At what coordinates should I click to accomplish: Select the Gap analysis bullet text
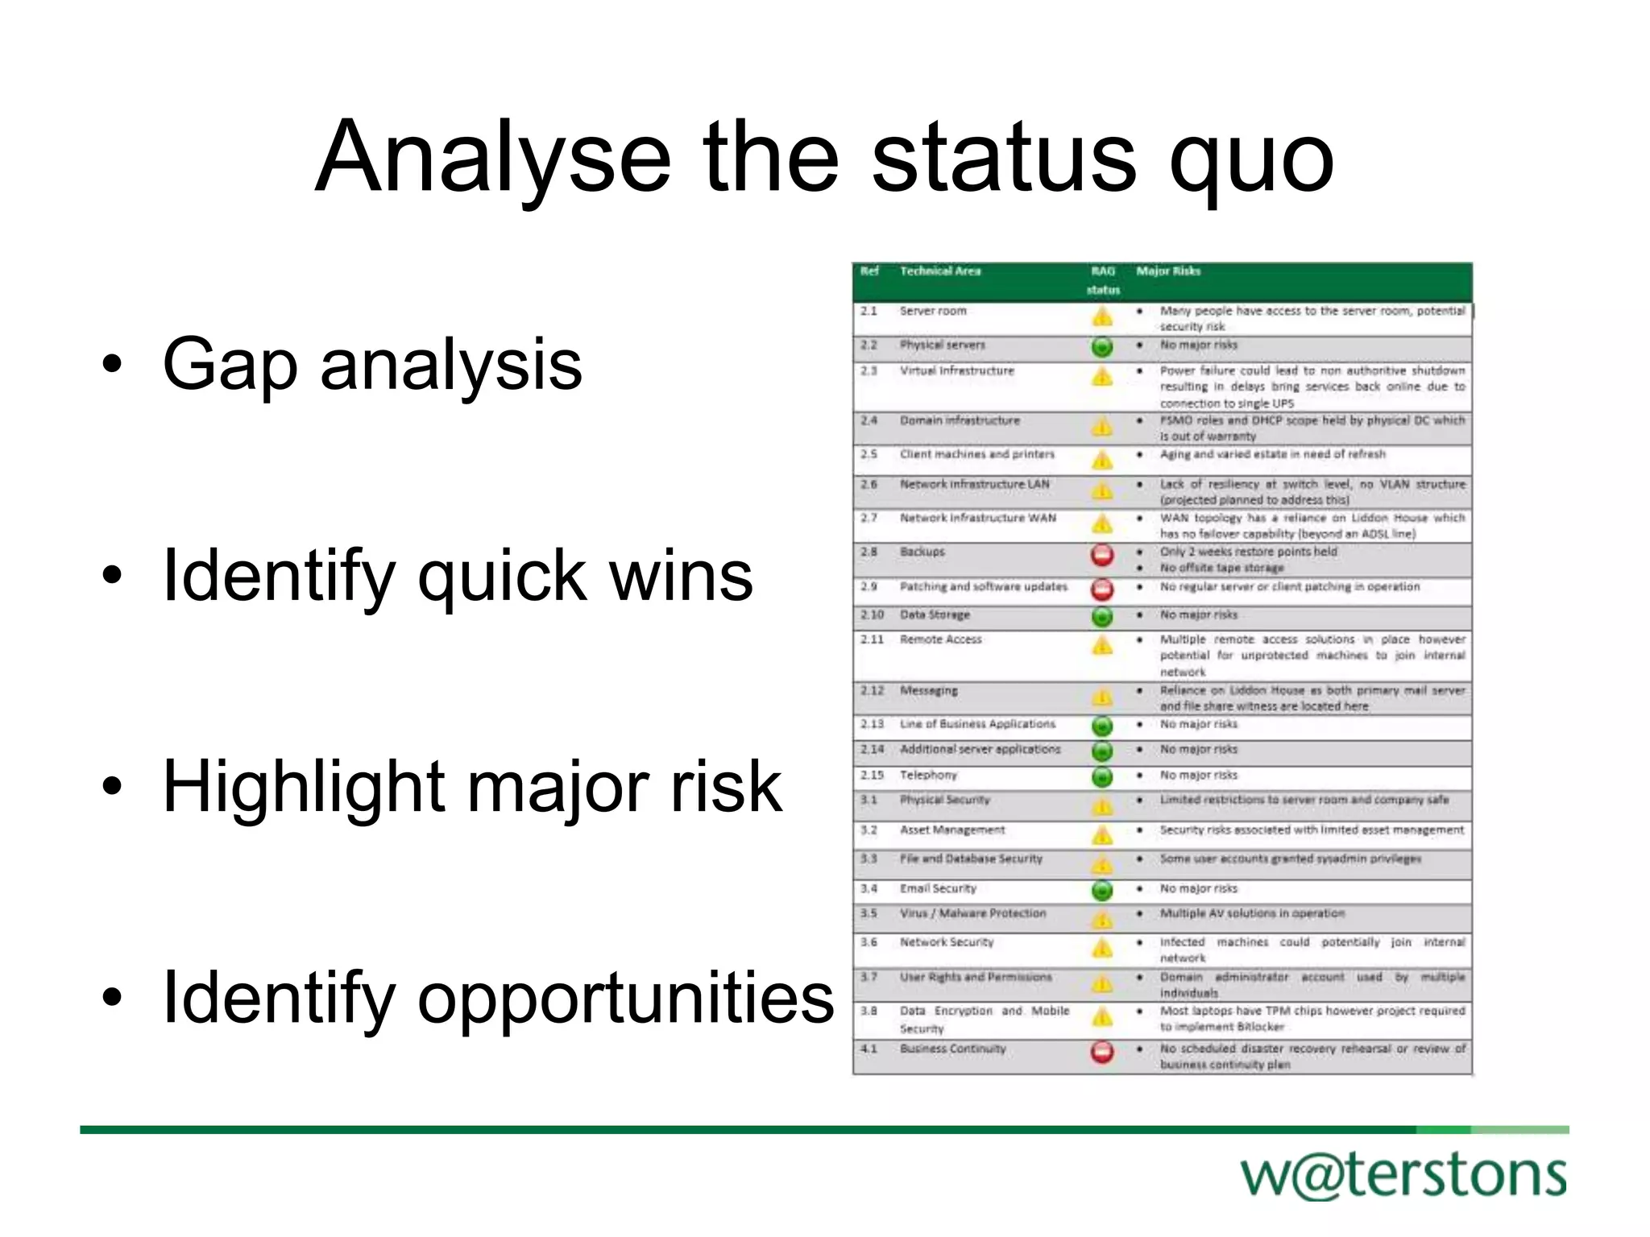[x=372, y=364]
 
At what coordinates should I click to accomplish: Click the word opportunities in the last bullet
[x=625, y=999]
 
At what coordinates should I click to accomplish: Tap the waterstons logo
[x=1403, y=1175]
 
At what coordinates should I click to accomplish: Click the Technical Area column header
[x=940, y=271]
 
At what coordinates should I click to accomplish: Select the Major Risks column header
[x=1168, y=271]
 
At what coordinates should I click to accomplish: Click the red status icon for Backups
[x=1102, y=555]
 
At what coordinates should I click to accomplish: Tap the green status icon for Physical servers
[x=1102, y=347]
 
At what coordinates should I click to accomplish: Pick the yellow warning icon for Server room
[x=1102, y=316]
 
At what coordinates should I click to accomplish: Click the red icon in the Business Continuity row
[x=1102, y=1052]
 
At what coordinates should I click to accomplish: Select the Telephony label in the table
[x=928, y=775]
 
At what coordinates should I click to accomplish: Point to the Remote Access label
[x=941, y=639]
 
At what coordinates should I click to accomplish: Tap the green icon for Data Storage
[x=1102, y=617]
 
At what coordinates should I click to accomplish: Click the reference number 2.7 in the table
[x=869, y=518]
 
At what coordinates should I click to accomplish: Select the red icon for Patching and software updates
[x=1102, y=590]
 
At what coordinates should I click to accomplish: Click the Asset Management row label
[x=952, y=829]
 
